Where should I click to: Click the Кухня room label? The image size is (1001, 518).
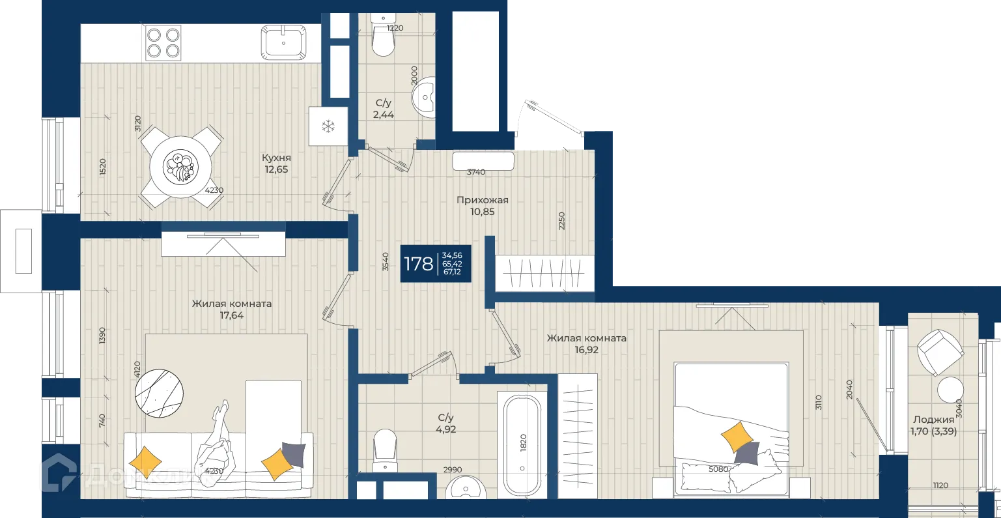pyautogui.click(x=276, y=158)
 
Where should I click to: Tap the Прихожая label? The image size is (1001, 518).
pyautogui.click(x=482, y=200)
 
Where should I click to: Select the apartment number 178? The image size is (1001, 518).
pyautogui.click(x=418, y=264)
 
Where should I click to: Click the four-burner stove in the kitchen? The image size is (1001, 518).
pyautogui.click(x=163, y=43)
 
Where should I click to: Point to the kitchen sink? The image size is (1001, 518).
pyautogui.click(x=284, y=43)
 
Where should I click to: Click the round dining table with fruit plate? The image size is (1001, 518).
pyautogui.click(x=180, y=167)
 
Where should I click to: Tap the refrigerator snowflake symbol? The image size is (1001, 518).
pyautogui.click(x=328, y=126)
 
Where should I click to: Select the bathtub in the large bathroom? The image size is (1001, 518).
pyautogui.click(x=522, y=445)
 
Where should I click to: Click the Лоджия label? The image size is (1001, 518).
pyautogui.click(x=933, y=420)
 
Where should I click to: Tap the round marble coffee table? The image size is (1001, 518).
pyautogui.click(x=159, y=394)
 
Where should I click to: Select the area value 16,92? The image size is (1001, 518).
pyautogui.click(x=586, y=350)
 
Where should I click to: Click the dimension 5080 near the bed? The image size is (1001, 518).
pyautogui.click(x=718, y=469)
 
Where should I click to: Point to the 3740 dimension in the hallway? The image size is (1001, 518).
pyautogui.click(x=476, y=172)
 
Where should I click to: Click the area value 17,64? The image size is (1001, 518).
pyautogui.click(x=231, y=315)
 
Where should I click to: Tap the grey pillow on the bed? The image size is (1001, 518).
pyautogui.click(x=747, y=453)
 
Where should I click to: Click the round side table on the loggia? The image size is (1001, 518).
pyautogui.click(x=950, y=390)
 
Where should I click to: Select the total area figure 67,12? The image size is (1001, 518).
pyautogui.click(x=452, y=272)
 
